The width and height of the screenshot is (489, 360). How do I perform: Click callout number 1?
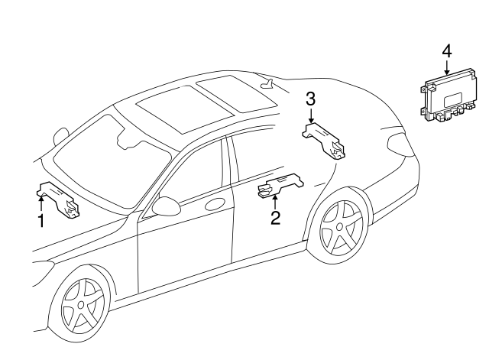pyautogui.click(x=40, y=222)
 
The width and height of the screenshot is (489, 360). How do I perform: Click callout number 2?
pyautogui.click(x=275, y=218)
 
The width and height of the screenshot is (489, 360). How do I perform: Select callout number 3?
pyautogui.click(x=311, y=99)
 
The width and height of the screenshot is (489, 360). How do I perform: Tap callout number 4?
pyautogui.click(x=446, y=51)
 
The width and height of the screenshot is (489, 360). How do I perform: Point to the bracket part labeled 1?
pyautogui.click(x=60, y=198)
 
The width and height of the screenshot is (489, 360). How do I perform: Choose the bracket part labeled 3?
pyautogui.click(x=325, y=140)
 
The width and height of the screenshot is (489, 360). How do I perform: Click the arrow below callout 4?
pyautogui.click(x=446, y=67)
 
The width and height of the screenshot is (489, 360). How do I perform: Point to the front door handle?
pyautogui.click(x=216, y=204)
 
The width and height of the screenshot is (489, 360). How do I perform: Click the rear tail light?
pyautogui.click(x=398, y=143)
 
